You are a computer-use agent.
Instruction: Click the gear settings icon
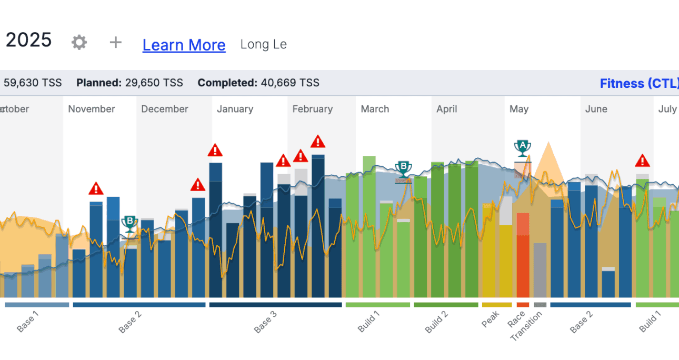(79, 43)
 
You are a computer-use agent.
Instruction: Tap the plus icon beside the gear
(115, 43)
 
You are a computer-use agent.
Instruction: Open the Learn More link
(184, 45)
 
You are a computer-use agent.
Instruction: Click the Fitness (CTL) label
(638, 83)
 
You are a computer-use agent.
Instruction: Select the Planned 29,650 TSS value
(129, 83)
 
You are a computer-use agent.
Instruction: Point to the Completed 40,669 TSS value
(258, 83)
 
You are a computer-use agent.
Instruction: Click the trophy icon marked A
(522, 148)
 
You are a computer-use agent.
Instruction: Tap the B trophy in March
(403, 170)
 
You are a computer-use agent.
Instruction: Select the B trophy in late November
(129, 224)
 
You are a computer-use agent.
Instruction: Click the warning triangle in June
(642, 161)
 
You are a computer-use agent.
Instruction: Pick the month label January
(235, 109)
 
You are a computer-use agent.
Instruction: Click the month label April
(447, 109)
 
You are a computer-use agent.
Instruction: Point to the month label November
(91, 109)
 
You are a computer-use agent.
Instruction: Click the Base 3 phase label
(266, 322)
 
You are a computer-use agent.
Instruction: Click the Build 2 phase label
(437, 322)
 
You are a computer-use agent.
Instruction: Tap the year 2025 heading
(28, 41)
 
